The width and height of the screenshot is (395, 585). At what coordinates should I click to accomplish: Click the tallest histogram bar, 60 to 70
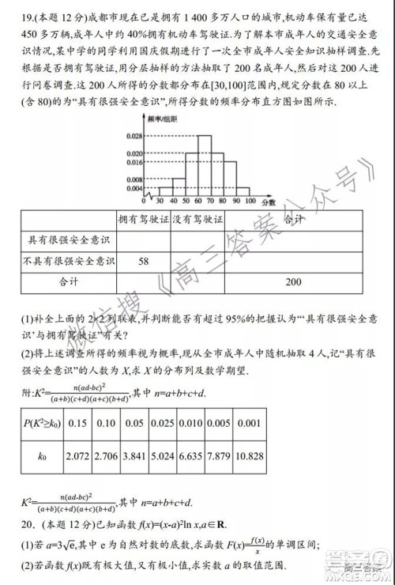204,165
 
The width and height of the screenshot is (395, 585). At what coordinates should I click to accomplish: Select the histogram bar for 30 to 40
165,191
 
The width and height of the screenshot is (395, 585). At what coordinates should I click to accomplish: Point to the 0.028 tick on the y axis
134,136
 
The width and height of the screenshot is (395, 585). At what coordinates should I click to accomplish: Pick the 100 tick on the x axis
250,201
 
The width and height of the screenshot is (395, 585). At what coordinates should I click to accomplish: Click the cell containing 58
145,260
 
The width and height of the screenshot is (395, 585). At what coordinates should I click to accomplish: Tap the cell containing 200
293,281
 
